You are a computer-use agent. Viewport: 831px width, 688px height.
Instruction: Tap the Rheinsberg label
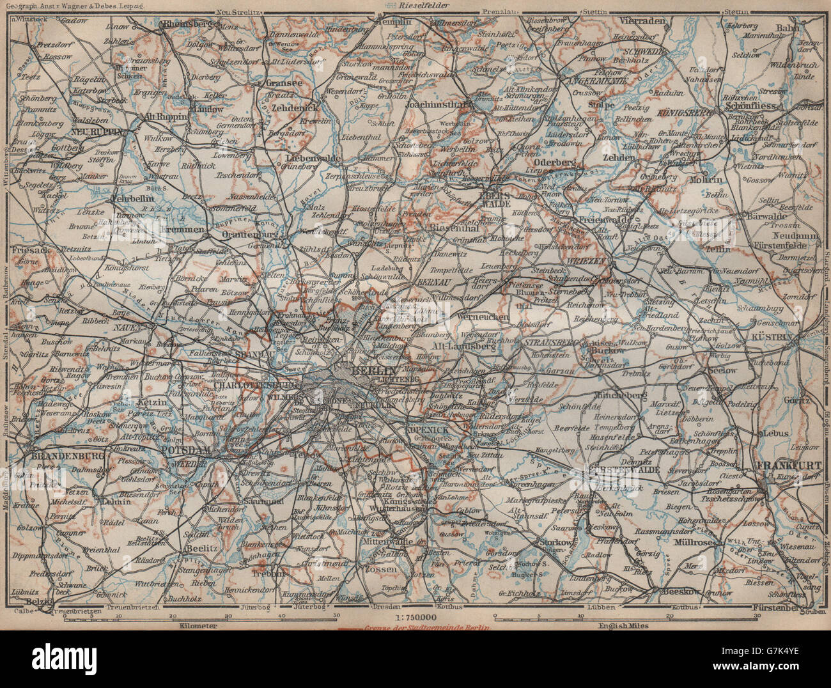(189, 24)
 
